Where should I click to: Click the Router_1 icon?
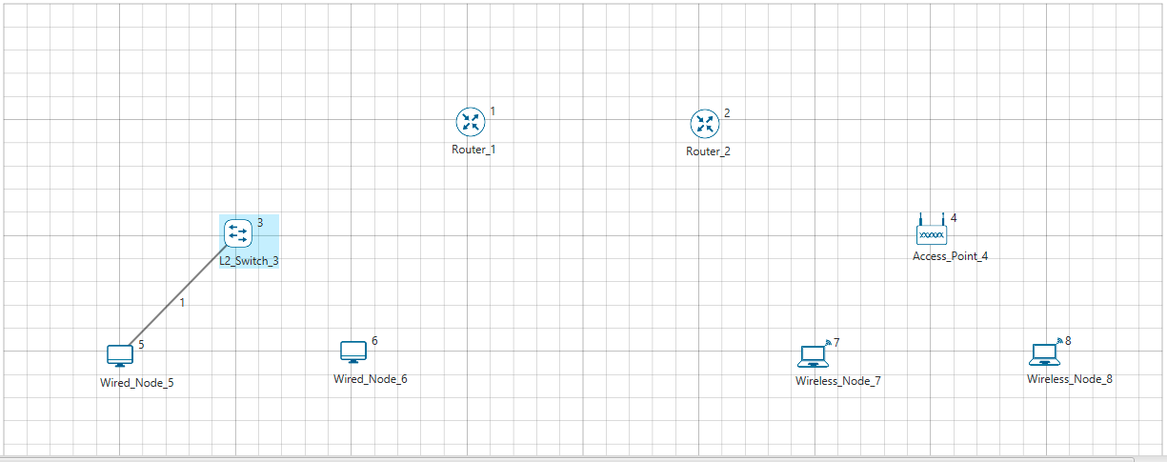point(470,121)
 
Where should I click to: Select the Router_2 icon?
point(704,123)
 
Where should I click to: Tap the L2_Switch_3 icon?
point(237,231)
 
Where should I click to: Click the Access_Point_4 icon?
point(932,231)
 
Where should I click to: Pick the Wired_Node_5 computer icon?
point(120,355)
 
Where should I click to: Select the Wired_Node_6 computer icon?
point(353,352)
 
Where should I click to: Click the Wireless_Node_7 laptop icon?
point(813,355)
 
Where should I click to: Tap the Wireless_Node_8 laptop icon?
point(1045,354)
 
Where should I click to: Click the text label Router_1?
point(473,150)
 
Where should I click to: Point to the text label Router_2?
point(708,151)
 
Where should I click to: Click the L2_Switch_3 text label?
point(250,260)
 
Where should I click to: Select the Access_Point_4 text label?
point(950,256)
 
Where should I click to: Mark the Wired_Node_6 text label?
point(370,379)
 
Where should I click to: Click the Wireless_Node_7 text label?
point(838,381)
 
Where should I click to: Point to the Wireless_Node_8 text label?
point(1069,379)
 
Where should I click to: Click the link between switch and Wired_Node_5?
point(171,294)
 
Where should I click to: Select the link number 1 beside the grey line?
point(183,303)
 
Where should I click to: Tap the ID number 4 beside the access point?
point(954,218)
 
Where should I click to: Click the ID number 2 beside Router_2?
point(727,113)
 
